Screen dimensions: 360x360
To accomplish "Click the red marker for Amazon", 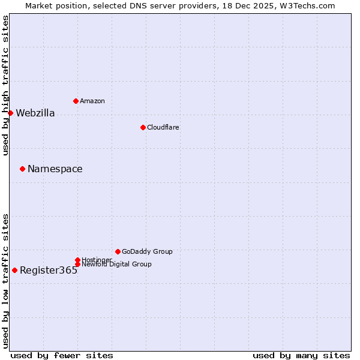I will (76, 101).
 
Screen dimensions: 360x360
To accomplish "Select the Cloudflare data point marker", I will (143, 127).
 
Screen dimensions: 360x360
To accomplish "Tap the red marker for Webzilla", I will (10, 113).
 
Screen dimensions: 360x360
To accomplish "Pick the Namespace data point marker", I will (22, 169).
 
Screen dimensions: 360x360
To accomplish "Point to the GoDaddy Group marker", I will (118, 251).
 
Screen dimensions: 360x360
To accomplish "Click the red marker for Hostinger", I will (77, 260).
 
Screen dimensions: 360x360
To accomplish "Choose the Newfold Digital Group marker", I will (77, 264).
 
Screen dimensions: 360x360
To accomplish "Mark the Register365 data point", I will (14, 270).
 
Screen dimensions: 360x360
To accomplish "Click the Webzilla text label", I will (35, 113).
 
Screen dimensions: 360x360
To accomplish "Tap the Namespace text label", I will (55, 169).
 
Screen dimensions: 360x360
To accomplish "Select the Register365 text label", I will (49, 271).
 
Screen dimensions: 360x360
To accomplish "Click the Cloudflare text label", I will (163, 128).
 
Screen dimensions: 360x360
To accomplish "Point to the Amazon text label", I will (92, 101).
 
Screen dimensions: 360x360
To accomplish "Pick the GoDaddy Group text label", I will (147, 252).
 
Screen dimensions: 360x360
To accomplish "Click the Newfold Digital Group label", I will (117, 265).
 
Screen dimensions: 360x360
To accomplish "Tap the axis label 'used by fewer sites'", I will (62, 355).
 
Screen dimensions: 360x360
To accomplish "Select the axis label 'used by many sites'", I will (301, 355).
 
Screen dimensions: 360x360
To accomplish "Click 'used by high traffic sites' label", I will (5, 85).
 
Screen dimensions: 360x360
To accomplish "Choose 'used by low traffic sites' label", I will (5, 281).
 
